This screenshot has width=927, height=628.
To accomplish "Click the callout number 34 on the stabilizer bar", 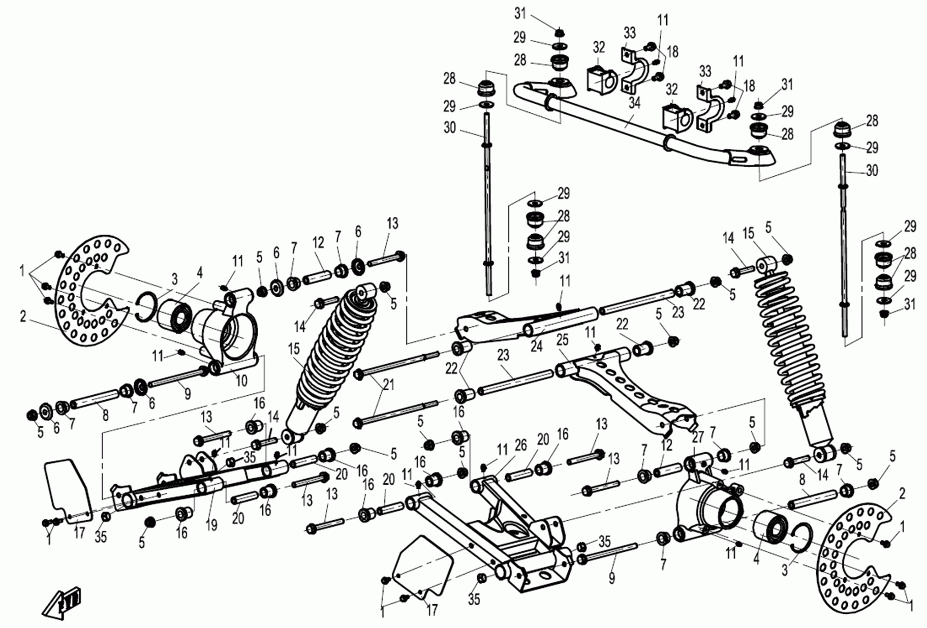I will point(634,103).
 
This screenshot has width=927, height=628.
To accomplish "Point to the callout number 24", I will point(537,346).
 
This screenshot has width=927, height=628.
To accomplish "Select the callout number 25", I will point(562,340).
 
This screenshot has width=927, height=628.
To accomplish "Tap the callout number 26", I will point(520,446).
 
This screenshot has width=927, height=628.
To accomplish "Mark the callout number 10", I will point(242,380).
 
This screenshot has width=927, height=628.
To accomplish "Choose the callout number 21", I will point(388,385).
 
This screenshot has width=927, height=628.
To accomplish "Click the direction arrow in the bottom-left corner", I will point(64,602).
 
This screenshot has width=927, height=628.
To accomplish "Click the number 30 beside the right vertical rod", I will point(872,170).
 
